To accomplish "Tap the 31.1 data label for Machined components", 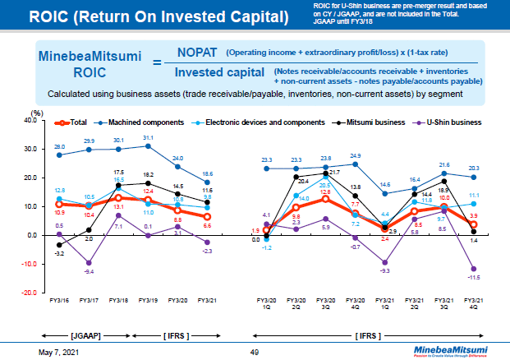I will pos(148,138).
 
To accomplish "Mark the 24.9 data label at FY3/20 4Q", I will pos(356,155).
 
